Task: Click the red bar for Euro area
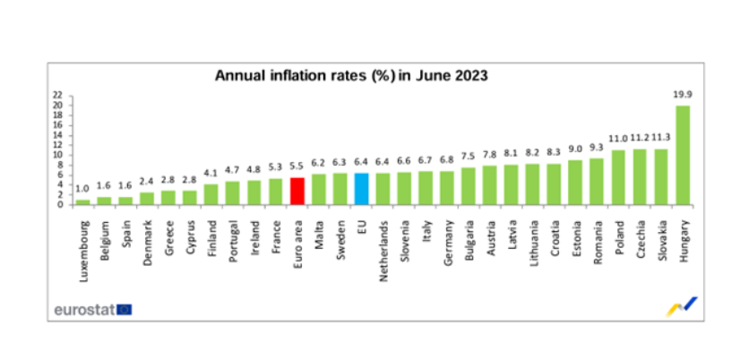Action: (x=298, y=191)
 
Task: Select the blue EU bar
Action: (x=362, y=189)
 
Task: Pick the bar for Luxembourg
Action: (x=82, y=201)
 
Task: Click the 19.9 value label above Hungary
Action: (x=683, y=93)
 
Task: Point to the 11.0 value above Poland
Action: (x=618, y=139)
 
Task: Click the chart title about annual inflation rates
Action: (x=351, y=76)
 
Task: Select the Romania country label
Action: (x=598, y=237)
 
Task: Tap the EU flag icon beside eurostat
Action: (x=124, y=309)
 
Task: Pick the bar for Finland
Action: (x=211, y=194)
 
